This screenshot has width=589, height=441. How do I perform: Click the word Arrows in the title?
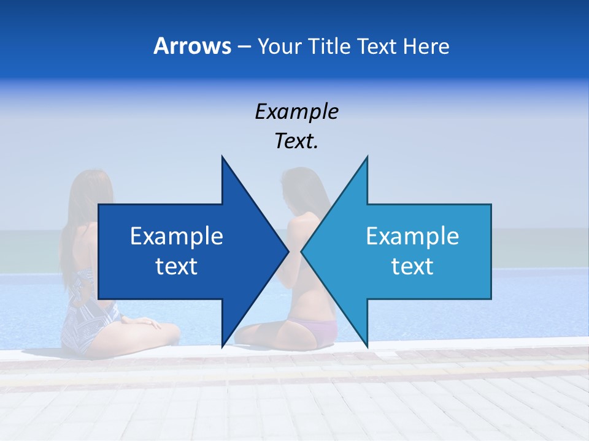click(192, 46)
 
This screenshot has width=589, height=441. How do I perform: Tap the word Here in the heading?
click(425, 47)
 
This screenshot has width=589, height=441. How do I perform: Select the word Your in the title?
click(279, 47)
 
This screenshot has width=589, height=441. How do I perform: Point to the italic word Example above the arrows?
click(296, 111)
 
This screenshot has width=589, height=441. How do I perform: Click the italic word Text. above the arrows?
click(296, 141)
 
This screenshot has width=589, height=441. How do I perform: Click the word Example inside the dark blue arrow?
click(177, 236)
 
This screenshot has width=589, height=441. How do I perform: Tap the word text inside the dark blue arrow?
click(177, 266)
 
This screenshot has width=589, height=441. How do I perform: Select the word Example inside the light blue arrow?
click(412, 236)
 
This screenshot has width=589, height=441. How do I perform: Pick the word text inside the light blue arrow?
click(412, 266)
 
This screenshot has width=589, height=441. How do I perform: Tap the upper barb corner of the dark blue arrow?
click(221, 156)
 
